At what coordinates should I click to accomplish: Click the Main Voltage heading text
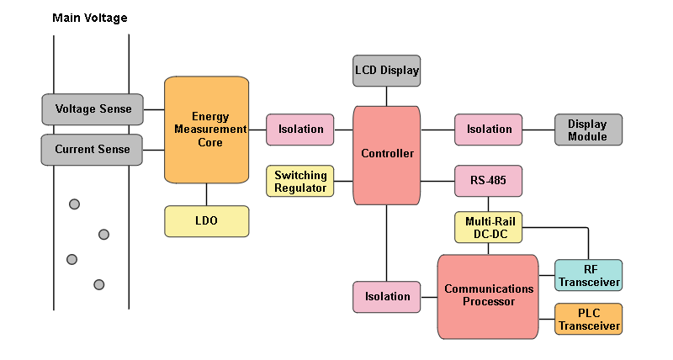[x=90, y=18]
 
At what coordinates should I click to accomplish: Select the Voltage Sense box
[x=93, y=109]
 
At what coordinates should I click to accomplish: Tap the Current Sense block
[x=93, y=150]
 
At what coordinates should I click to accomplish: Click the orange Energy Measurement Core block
[x=207, y=130]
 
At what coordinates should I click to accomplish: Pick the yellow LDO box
[x=207, y=221]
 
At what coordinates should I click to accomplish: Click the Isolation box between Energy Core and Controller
[x=300, y=130]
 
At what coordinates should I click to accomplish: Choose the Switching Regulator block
[x=300, y=182]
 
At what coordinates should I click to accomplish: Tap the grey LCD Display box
[x=386, y=71]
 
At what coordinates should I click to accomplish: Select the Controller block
[x=387, y=155]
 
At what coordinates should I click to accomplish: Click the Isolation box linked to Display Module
[x=489, y=130]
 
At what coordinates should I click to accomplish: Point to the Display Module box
[x=588, y=130]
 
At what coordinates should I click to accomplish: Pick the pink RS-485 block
[x=489, y=181]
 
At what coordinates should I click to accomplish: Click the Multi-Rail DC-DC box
[x=489, y=227]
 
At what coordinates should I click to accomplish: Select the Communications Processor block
[x=488, y=296]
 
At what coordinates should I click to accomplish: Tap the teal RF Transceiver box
[x=588, y=276]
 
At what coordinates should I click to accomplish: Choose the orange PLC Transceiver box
[x=588, y=320]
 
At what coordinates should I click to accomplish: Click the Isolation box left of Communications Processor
[x=387, y=297]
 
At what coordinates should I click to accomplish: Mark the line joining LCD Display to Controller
[x=387, y=97]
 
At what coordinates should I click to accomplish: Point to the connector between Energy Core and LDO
[x=207, y=194]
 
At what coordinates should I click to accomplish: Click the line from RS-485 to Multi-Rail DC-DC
[x=489, y=204]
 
